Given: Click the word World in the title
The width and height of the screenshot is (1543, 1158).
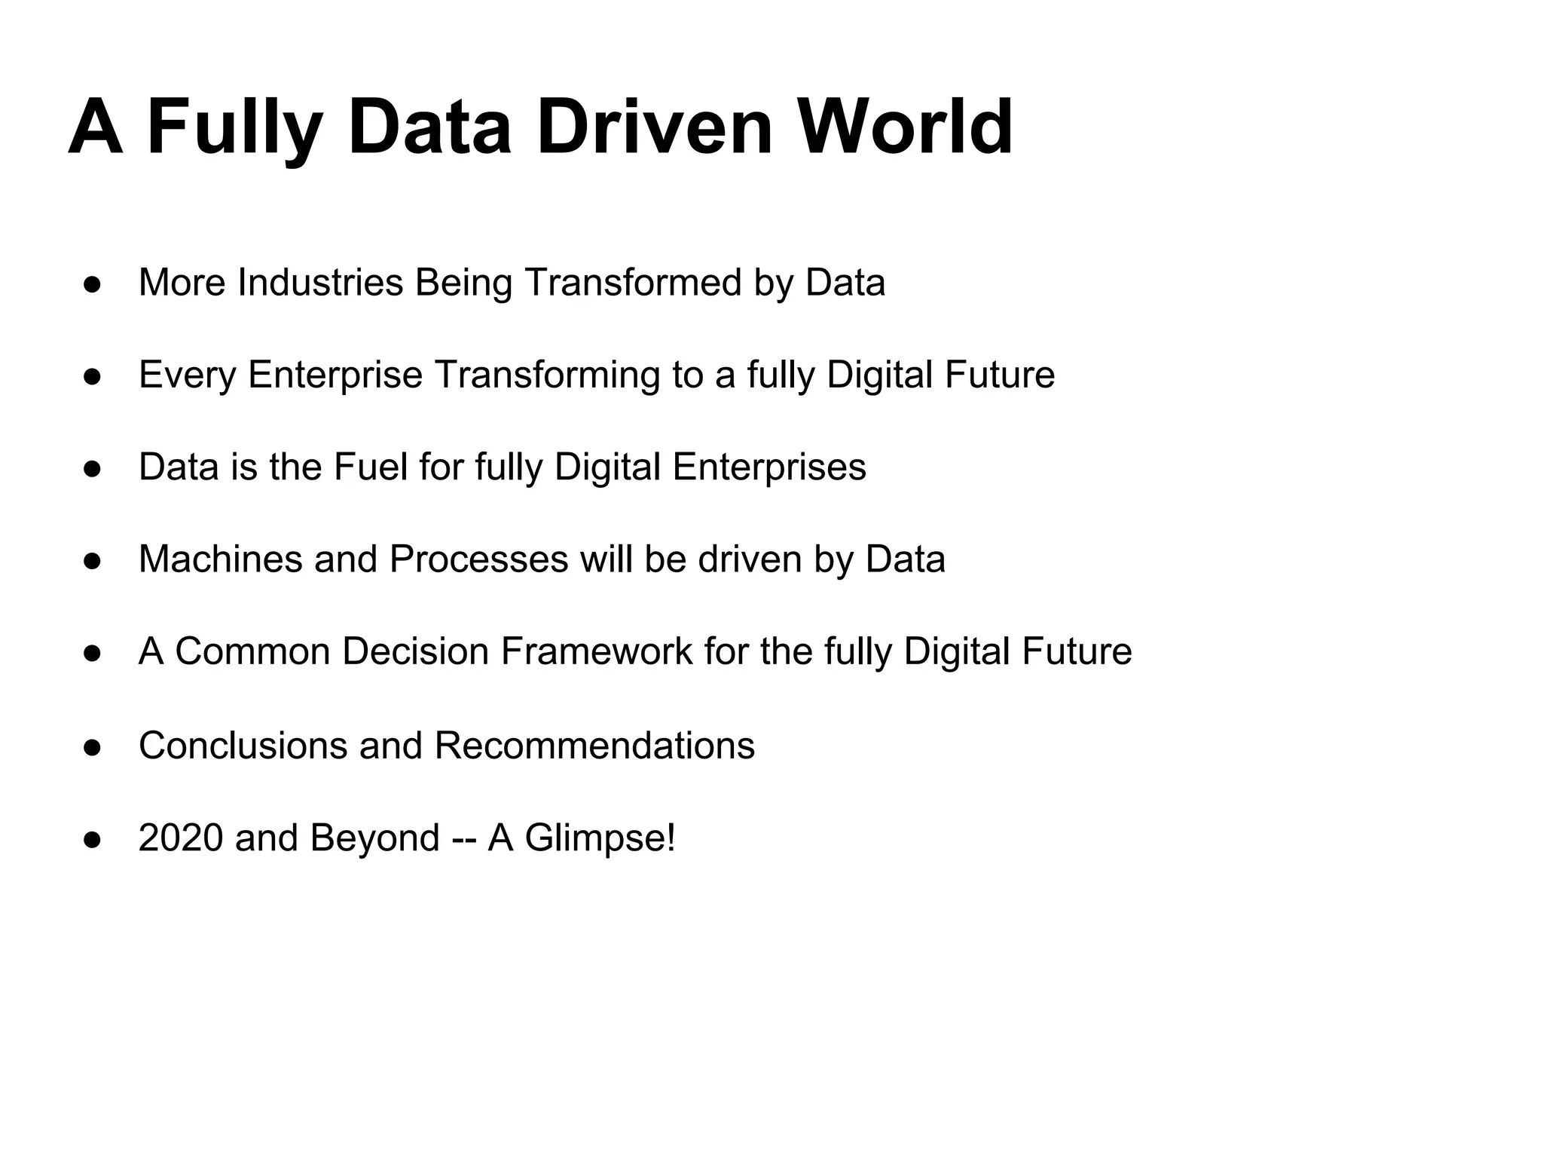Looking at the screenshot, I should [905, 127].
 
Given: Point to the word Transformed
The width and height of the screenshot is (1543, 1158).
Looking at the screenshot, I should [634, 283].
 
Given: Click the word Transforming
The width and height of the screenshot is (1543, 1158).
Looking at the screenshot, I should [547, 375].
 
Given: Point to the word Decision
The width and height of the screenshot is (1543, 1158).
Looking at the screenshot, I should [415, 651].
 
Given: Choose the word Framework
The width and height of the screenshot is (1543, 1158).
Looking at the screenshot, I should [596, 651].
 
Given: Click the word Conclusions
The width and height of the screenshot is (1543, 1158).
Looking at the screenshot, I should [243, 746].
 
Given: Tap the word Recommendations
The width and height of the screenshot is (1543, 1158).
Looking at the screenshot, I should [594, 746].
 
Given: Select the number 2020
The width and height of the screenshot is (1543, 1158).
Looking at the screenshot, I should [181, 838].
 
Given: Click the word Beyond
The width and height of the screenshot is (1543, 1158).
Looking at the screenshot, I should [374, 838].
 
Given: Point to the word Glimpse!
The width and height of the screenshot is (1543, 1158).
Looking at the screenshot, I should [600, 838].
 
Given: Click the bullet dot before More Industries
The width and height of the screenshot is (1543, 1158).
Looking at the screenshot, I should [93, 285].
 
